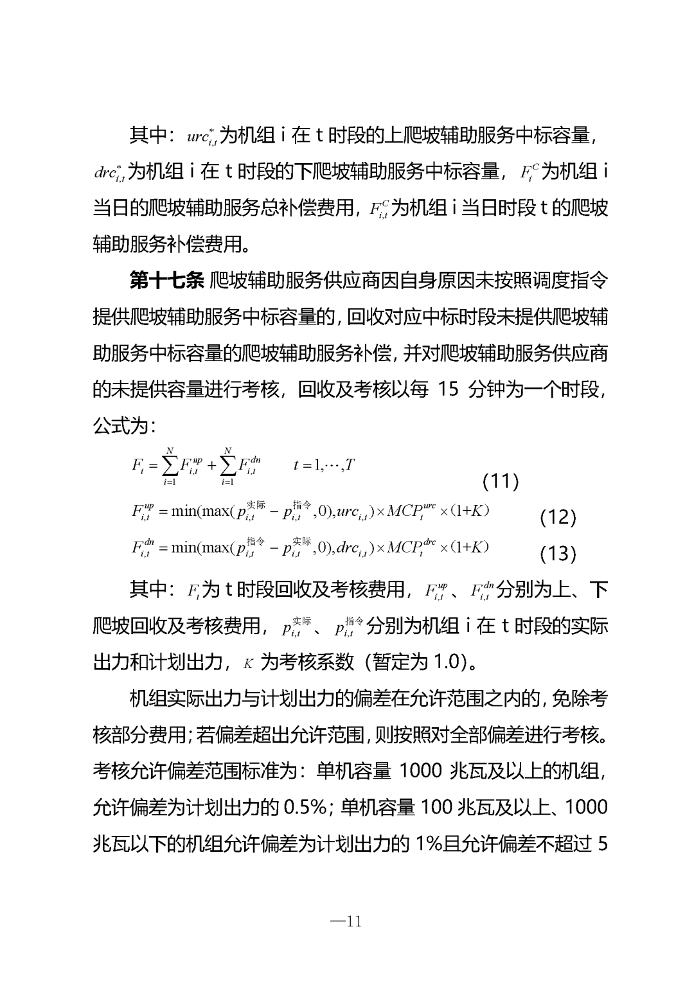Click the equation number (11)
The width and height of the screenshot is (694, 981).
point(500,481)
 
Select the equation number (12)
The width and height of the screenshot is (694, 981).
point(558,517)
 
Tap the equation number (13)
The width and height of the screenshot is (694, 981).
point(558,553)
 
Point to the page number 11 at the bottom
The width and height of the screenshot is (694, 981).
point(346,922)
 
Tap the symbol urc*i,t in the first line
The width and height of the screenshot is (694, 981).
point(202,137)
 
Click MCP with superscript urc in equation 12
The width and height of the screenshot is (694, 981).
point(411,511)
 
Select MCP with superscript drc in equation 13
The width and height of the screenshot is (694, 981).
point(411,547)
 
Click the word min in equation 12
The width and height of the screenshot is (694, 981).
point(184,511)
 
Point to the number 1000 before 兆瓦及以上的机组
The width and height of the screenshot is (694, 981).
point(420,770)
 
